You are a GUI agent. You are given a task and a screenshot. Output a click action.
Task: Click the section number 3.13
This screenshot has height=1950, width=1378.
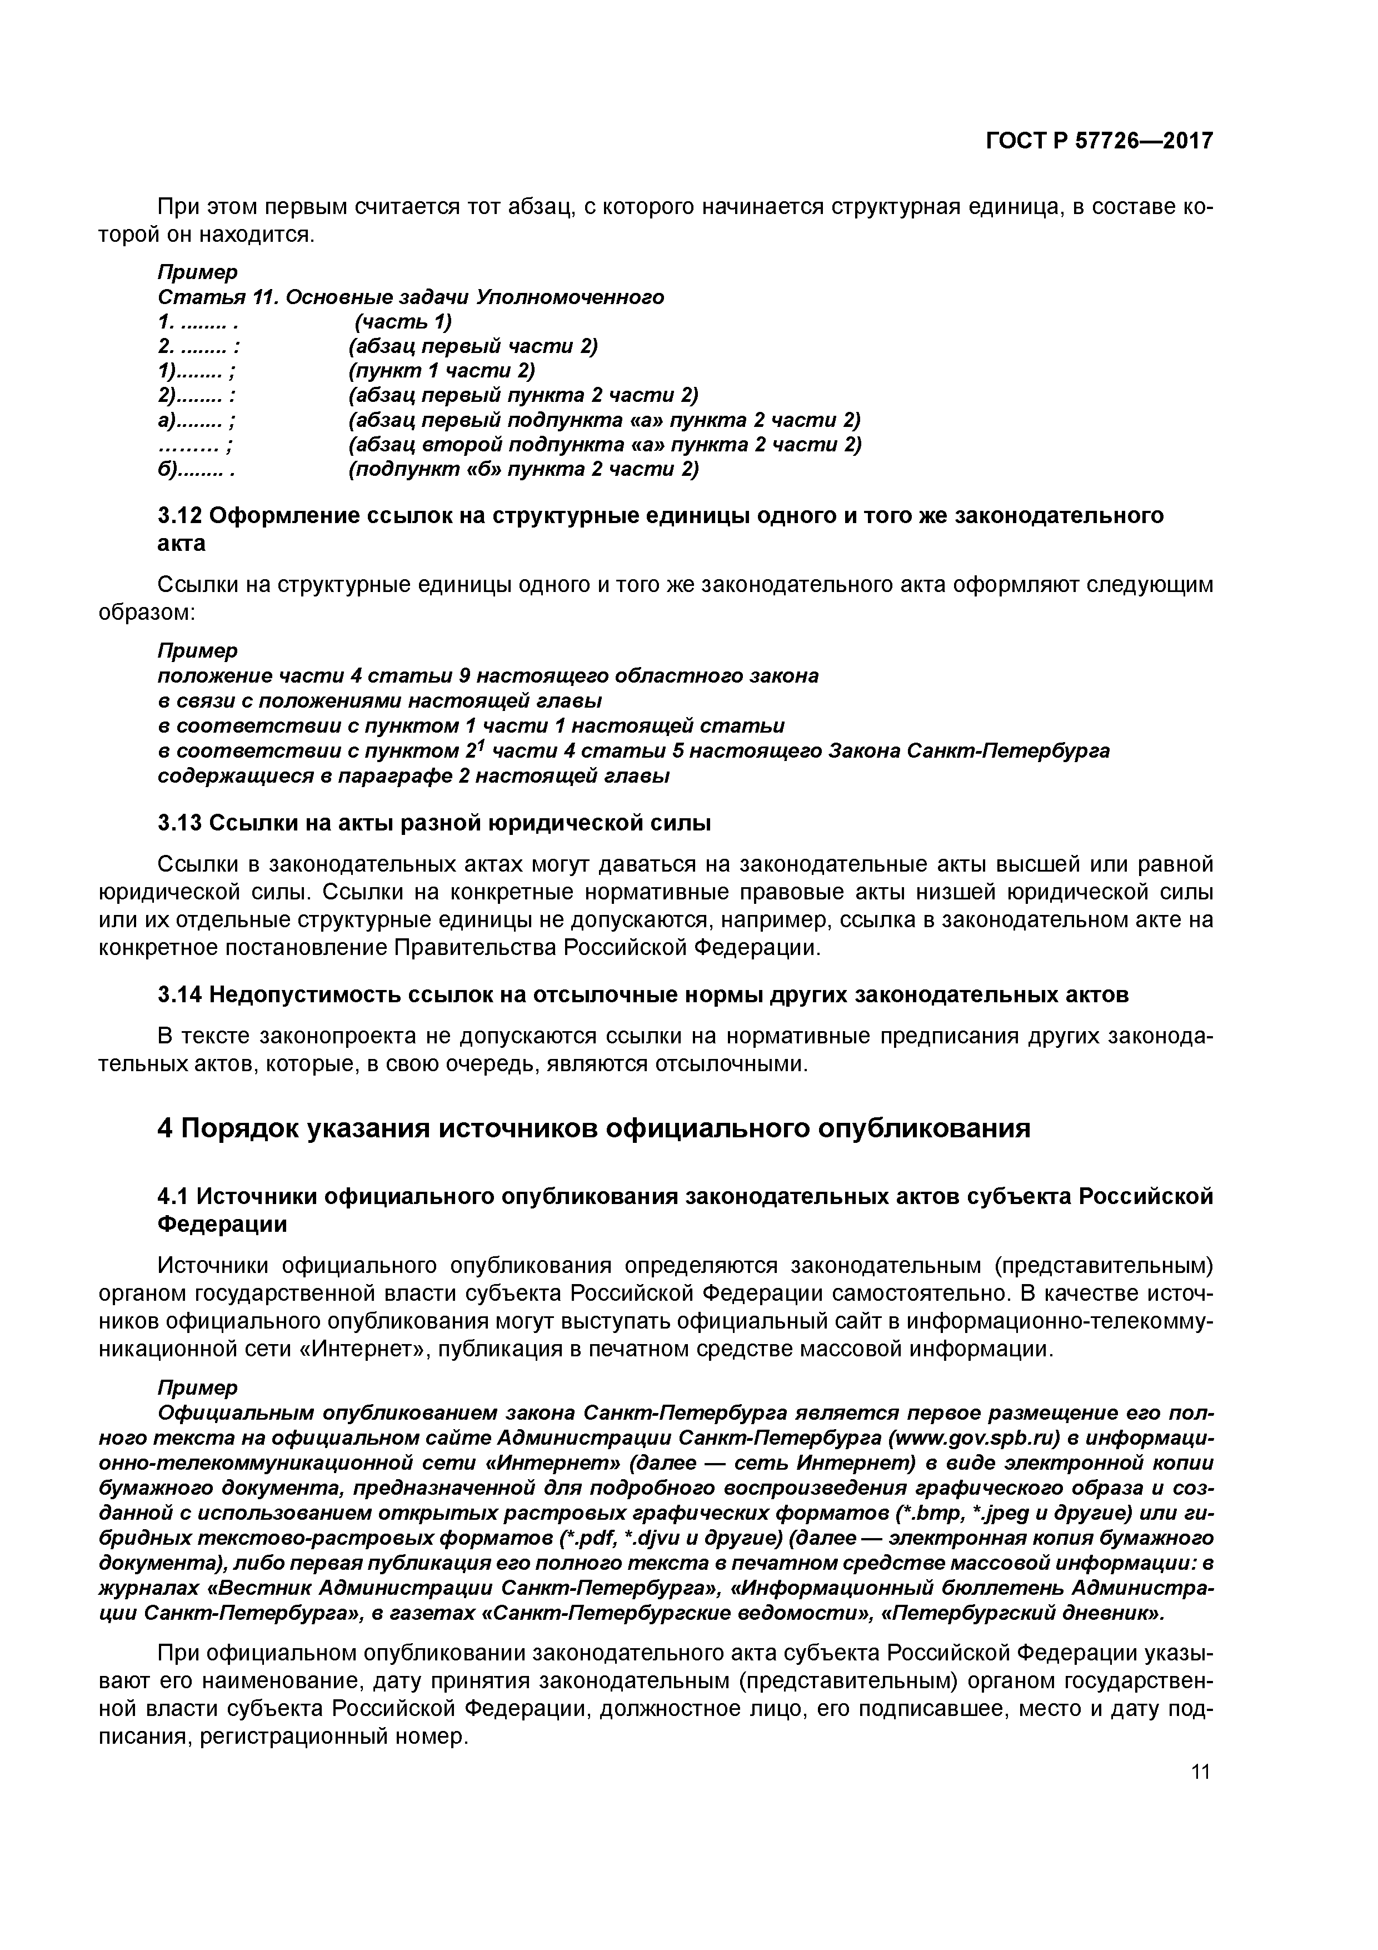click(x=180, y=823)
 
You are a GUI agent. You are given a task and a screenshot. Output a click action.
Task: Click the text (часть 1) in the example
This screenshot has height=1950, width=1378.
click(x=403, y=322)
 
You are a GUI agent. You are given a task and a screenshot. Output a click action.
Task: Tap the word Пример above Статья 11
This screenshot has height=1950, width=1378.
click(x=198, y=272)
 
